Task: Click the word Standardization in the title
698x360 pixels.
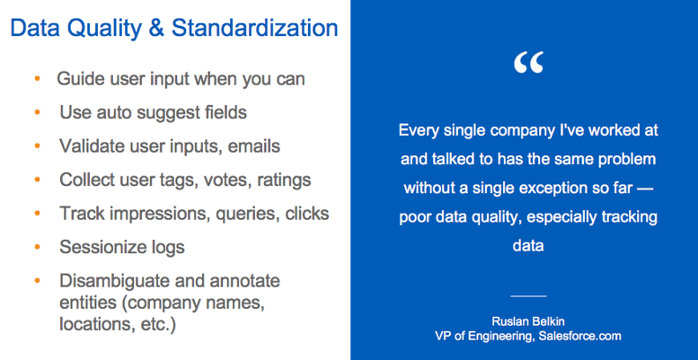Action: (x=254, y=29)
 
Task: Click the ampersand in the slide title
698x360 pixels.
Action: (x=156, y=29)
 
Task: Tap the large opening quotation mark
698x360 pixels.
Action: (x=529, y=63)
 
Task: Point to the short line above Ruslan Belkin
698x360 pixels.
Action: (x=528, y=295)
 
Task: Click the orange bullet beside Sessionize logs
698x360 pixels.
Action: (x=37, y=247)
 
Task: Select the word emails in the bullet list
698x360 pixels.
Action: (x=254, y=146)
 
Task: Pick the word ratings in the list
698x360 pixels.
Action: (x=281, y=180)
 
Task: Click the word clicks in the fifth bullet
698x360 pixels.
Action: (x=304, y=214)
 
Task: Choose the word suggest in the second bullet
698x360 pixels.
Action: (x=162, y=113)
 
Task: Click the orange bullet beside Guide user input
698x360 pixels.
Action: (x=37, y=79)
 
